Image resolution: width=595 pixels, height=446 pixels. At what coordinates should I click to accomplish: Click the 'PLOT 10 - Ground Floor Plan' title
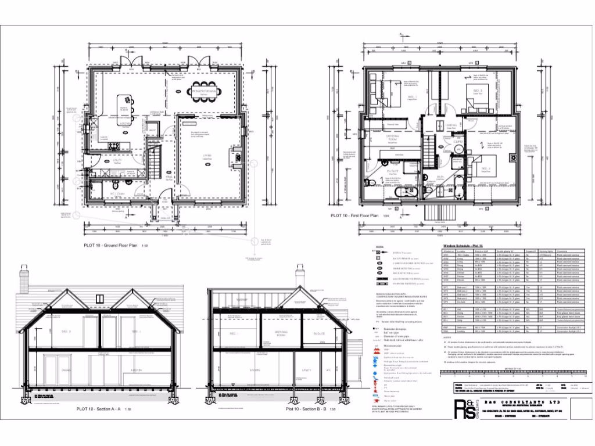[x=116, y=247]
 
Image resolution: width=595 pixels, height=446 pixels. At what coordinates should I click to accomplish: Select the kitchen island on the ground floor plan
[x=123, y=105]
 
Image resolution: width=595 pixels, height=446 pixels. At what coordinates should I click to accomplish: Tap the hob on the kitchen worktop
[x=113, y=145]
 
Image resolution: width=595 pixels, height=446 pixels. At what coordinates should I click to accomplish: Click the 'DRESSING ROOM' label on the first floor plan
[x=395, y=139]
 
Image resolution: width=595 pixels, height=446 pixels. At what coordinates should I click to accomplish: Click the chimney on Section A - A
[x=24, y=280]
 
